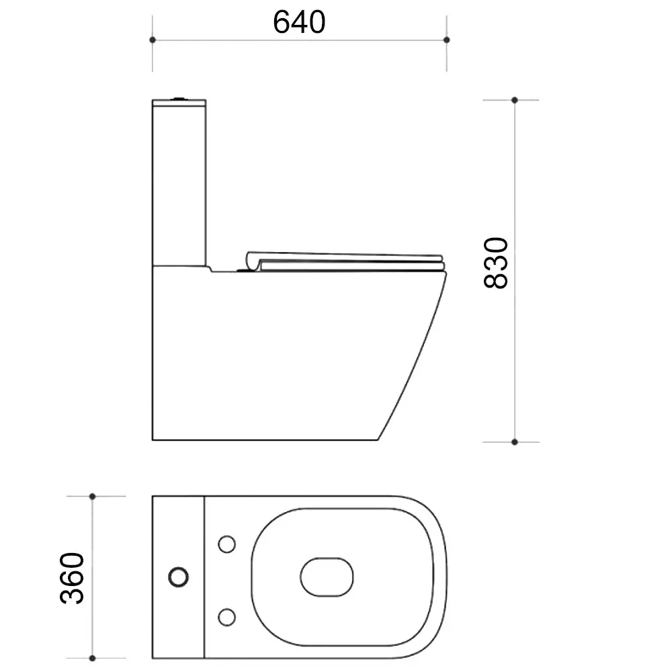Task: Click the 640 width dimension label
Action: pyautogui.click(x=299, y=22)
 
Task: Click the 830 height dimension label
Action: pyautogui.click(x=496, y=263)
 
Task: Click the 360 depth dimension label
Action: pyautogui.click(x=72, y=578)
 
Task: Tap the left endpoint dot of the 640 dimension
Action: pyautogui.click(x=153, y=40)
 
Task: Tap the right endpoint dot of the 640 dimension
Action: pyautogui.click(x=447, y=40)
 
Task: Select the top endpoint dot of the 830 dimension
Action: pyautogui.click(x=515, y=100)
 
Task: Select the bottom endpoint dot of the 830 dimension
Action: pyautogui.click(x=515, y=442)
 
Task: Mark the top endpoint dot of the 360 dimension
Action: pyautogui.click(x=92, y=497)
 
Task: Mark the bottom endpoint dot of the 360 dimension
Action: pyautogui.click(x=92, y=658)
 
